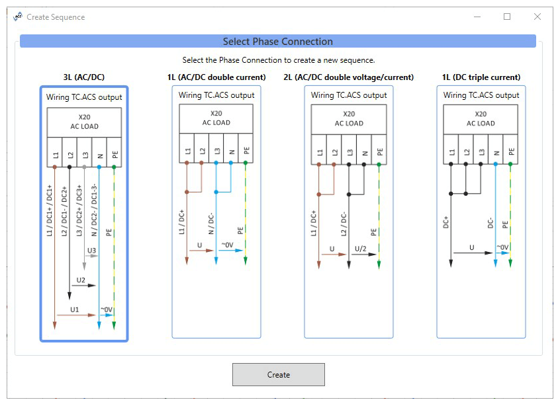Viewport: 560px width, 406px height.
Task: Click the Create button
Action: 278,374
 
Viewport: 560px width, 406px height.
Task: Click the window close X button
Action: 537,17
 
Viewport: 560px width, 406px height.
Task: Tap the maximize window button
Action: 507,17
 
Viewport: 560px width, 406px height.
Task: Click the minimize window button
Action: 477,17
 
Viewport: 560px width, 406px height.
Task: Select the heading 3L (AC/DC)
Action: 83,77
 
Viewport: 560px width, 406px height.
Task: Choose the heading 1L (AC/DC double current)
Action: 216,77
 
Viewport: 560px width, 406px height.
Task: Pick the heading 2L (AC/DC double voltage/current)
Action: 348,77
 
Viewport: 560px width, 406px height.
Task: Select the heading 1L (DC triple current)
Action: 481,77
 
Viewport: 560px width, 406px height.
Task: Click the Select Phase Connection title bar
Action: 278,42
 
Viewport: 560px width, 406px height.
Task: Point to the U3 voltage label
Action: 91,251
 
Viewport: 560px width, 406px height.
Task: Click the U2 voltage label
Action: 81,280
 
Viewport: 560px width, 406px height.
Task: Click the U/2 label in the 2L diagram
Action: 361,249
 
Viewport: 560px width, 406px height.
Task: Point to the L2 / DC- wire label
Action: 344,223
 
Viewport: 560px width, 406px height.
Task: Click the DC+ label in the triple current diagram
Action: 445,222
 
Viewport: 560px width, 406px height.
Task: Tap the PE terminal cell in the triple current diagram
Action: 511,151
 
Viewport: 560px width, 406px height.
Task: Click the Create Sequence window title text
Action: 56,17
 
